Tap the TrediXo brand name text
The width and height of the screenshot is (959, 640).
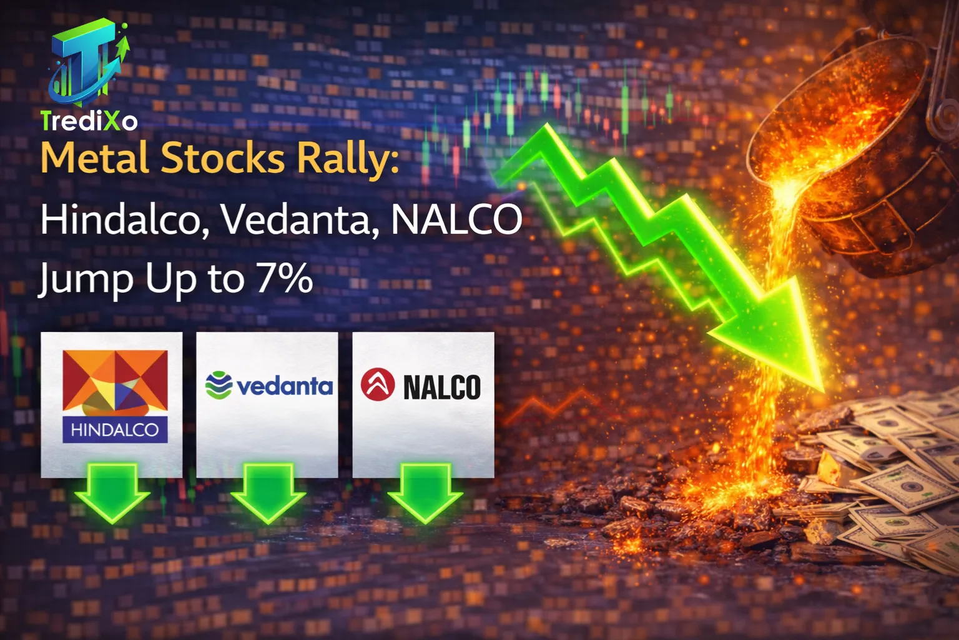[x=89, y=120]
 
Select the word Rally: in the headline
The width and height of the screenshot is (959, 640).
[x=347, y=159]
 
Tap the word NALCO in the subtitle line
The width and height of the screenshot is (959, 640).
[x=456, y=219]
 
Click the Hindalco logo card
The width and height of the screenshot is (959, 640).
[x=112, y=404]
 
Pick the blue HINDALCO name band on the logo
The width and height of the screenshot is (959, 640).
[x=115, y=430]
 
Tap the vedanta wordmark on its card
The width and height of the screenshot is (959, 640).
[x=285, y=386]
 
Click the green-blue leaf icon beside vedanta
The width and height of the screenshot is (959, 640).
[x=219, y=385]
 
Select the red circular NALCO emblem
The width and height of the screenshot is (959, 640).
[x=378, y=384]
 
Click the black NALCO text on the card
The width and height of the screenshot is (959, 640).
[x=441, y=387]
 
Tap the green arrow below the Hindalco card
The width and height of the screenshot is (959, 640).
[x=112, y=492]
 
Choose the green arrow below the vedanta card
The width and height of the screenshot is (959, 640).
[x=268, y=492]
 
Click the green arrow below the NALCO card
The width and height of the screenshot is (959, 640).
[x=425, y=492]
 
